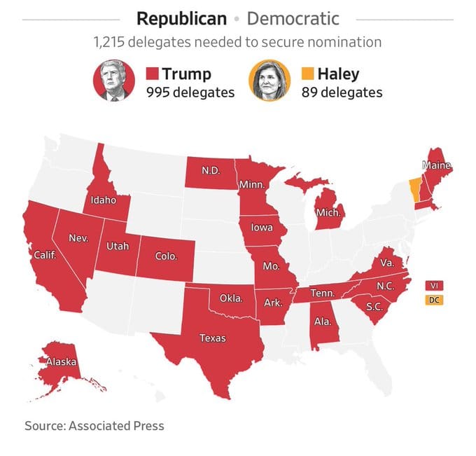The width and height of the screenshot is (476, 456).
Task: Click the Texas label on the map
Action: coord(213,338)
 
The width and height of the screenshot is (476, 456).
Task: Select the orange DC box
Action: coord(434,300)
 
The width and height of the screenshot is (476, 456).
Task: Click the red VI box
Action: coord(434,285)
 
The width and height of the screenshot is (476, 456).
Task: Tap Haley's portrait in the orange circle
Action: coord(269,81)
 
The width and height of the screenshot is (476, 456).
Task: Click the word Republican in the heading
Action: coord(182,18)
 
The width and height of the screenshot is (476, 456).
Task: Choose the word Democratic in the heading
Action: coord(293,18)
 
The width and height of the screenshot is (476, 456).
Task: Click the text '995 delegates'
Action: coord(190,92)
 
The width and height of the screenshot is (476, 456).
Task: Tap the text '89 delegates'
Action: coord(342,92)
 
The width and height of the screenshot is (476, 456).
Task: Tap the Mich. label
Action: coord(328,212)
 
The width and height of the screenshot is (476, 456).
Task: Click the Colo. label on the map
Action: coord(166,256)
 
